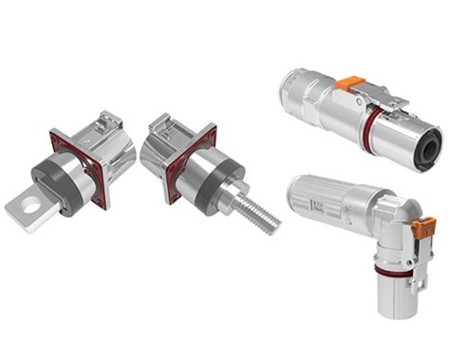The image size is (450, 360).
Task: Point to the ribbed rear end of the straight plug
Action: tap(296, 92)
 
